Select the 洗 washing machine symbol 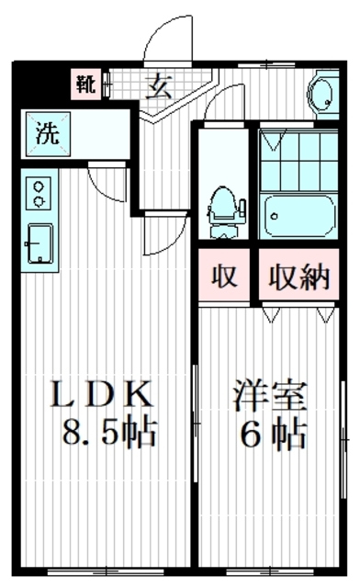click(x=46, y=132)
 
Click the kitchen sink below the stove click(x=40, y=242)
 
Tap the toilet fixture click(x=222, y=205)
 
